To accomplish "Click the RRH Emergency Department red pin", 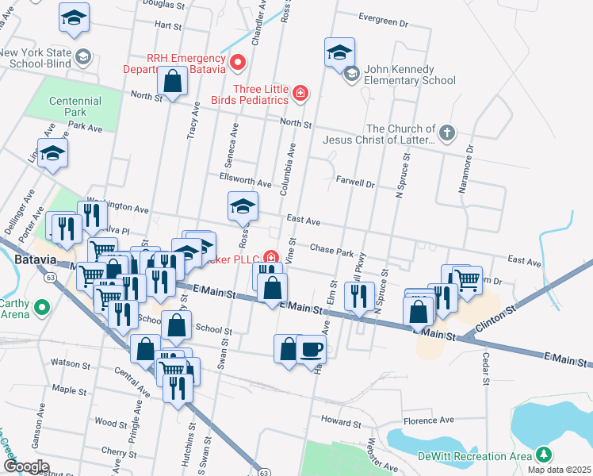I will click(237, 62).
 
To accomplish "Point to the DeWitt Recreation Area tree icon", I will click(543, 455).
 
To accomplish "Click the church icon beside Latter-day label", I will click(447, 133).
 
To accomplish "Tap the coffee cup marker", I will click(312, 349).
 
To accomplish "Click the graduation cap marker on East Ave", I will click(243, 207).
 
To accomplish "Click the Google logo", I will click(26, 466).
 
